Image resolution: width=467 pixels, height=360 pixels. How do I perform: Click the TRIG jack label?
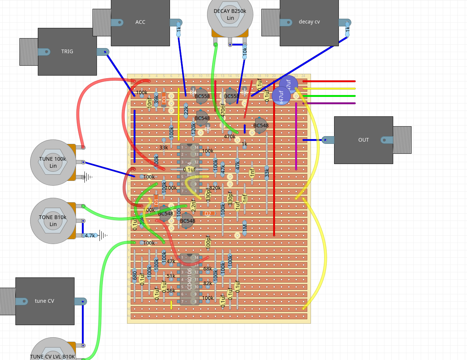(x=67, y=51)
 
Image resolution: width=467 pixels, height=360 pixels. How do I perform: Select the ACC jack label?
(x=140, y=22)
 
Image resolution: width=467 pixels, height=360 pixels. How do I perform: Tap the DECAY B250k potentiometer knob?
(x=230, y=15)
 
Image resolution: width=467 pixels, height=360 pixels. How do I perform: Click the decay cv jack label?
(x=309, y=22)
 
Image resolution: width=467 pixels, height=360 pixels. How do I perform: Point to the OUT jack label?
(x=363, y=140)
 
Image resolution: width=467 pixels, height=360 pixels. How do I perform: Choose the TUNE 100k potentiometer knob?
(x=53, y=162)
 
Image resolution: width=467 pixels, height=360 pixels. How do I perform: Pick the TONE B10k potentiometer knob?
(x=53, y=221)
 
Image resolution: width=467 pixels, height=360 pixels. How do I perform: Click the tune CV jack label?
(x=44, y=301)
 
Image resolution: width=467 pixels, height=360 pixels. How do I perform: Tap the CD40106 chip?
(x=189, y=279)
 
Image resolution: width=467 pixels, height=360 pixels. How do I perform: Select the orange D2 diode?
(x=208, y=214)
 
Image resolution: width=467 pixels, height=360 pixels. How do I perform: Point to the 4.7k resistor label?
(x=90, y=236)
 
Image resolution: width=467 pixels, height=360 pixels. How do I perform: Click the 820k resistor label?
(x=215, y=188)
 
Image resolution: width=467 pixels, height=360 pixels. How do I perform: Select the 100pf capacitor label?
(x=208, y=242)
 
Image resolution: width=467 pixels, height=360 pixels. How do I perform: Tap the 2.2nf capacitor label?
(x=193, y=205)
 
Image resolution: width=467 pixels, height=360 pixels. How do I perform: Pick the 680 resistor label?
(x=135, y=276)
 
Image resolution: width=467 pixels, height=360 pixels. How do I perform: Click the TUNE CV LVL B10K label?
(x=53, y=357)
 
